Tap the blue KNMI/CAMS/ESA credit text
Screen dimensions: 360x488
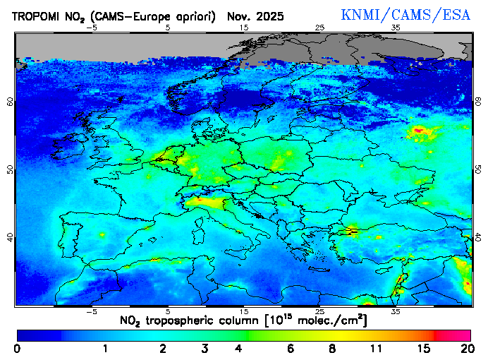(405, 15)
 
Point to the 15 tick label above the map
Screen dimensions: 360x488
(244, 28)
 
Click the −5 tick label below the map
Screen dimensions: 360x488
(91, 311)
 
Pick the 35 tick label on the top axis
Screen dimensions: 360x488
(396, 28)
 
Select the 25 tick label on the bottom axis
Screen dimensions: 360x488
(320, 311)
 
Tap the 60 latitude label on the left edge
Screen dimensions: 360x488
(9, 101)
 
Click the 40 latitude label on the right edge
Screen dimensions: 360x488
(478, 238)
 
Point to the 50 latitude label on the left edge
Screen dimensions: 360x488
(9, 169)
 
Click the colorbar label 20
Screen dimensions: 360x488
(465, 349)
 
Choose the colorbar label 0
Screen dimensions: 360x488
(17, 349)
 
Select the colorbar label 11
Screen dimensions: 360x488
(376, 349)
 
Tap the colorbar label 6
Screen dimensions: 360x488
(291, 349)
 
